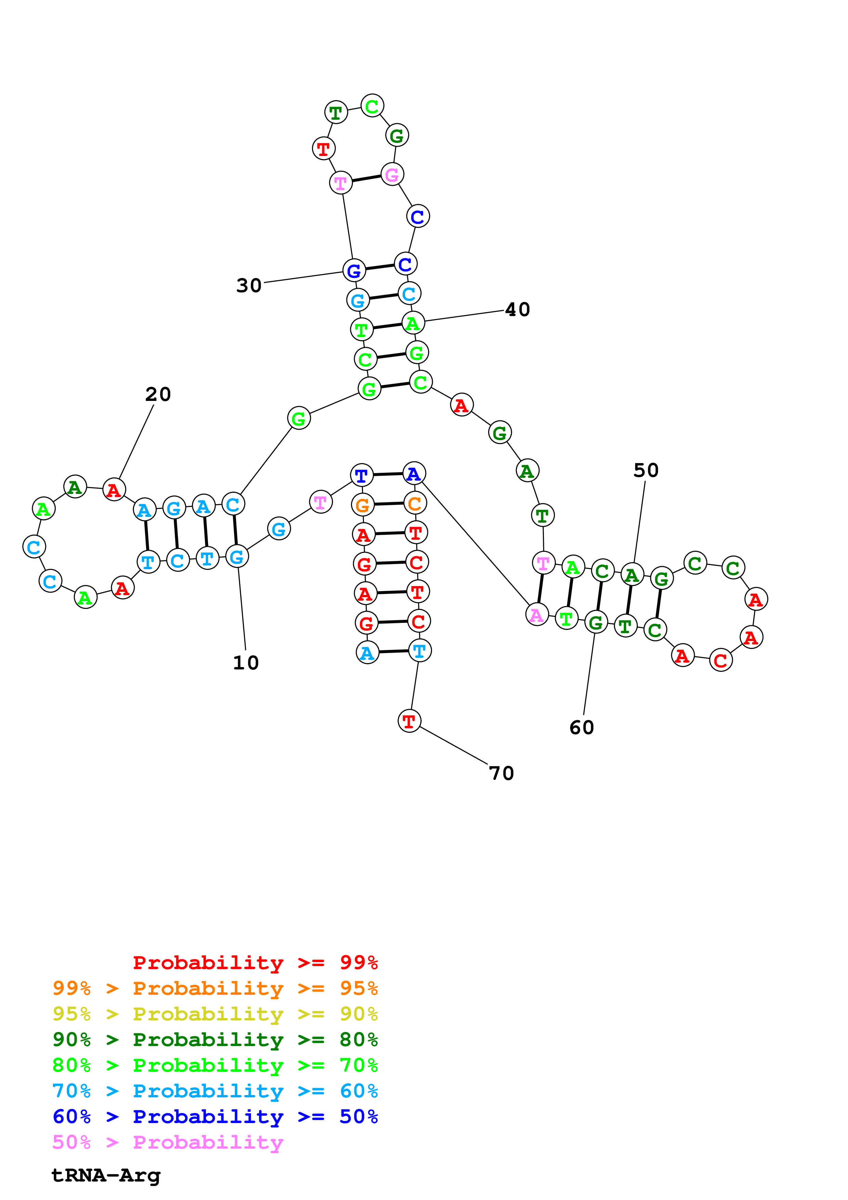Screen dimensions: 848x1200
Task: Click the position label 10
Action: pos(246,663)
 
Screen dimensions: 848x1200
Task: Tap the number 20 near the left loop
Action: pos(158,394)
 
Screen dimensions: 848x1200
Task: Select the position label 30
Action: pos(249,285)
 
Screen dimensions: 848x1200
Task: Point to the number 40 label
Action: pos(517,310)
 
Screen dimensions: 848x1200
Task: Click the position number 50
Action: pos(646,470)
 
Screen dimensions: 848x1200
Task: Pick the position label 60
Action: pos(582,728)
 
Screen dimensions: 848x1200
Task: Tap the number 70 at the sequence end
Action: pos(501,773)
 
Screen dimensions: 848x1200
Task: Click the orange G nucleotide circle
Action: pos(363,505)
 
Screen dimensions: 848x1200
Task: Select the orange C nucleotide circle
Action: pos(415,503)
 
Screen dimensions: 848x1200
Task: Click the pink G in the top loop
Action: pos(392,174)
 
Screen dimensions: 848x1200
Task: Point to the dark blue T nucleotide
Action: pos(361,475)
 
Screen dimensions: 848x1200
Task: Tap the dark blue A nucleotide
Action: pos(414,473)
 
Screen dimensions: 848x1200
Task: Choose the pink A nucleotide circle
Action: pos(537,615)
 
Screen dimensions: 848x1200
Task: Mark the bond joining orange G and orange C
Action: pos(389,504)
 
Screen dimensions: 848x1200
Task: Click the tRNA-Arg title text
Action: pos(106,1175)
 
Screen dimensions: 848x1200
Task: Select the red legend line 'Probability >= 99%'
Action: pos(255,963)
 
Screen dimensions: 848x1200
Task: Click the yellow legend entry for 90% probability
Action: pos(215,1014)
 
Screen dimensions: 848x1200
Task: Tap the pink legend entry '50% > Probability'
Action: pos(168,1142)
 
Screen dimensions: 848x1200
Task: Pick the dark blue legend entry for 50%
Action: pos(215,1117)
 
